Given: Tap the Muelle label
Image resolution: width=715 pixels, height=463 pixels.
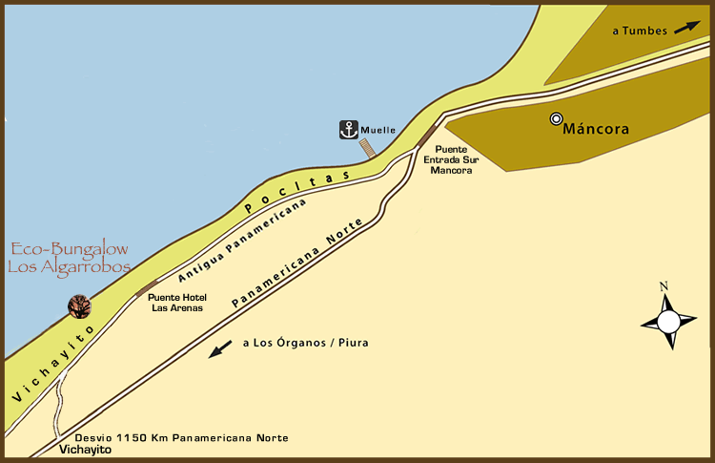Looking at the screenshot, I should tap(378, 131).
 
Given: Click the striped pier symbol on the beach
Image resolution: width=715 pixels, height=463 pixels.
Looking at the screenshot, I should tap(367, 149).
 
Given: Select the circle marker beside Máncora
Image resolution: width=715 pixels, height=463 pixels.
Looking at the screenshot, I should tap(556, 119).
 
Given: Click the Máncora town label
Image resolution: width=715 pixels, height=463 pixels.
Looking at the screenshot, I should tap(598, 128).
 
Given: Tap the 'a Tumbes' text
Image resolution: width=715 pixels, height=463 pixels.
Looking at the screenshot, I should tap(640, 32).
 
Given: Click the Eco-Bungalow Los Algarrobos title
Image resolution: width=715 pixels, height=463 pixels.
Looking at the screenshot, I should tap(69, 259).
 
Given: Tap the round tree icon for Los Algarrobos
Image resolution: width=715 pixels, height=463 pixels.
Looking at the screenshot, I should tap(79, 306).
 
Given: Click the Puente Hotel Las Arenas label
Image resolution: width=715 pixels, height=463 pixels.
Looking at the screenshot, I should tap(177, 302).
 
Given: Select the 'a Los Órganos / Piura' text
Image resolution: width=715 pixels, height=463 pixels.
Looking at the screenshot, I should tap(305, 343).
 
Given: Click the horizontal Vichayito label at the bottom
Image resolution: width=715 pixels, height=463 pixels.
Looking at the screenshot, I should tap(86, 449).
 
